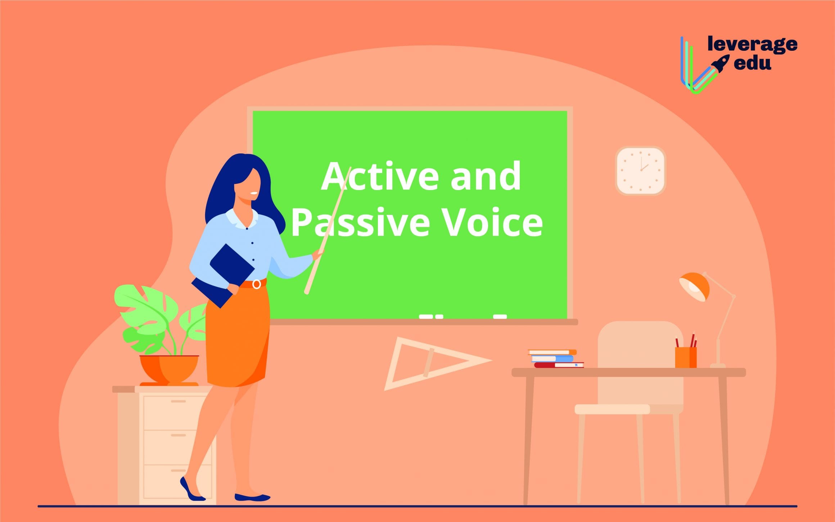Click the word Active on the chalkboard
pyautogui.click(x=380, y=176)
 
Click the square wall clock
pyautogui.click(x=641, y=171)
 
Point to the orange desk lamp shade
pyautogui.click(x=694, y=287)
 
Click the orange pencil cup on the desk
pyautogui.click(x=686, y=357)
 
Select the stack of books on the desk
pyautogui.click(x=555, y=359)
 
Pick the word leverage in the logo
pyautogui.click(x=753, y=44)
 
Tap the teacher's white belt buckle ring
pyautogui.click(x=257, y=284)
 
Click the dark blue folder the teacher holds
pyautogui.click(x=223, y=275)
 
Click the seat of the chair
pyautogui.click(x=612, y=409)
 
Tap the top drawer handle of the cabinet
pyautogui.click(x=178, y=401)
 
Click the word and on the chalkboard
pyautogui.click(x=486, y=176)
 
